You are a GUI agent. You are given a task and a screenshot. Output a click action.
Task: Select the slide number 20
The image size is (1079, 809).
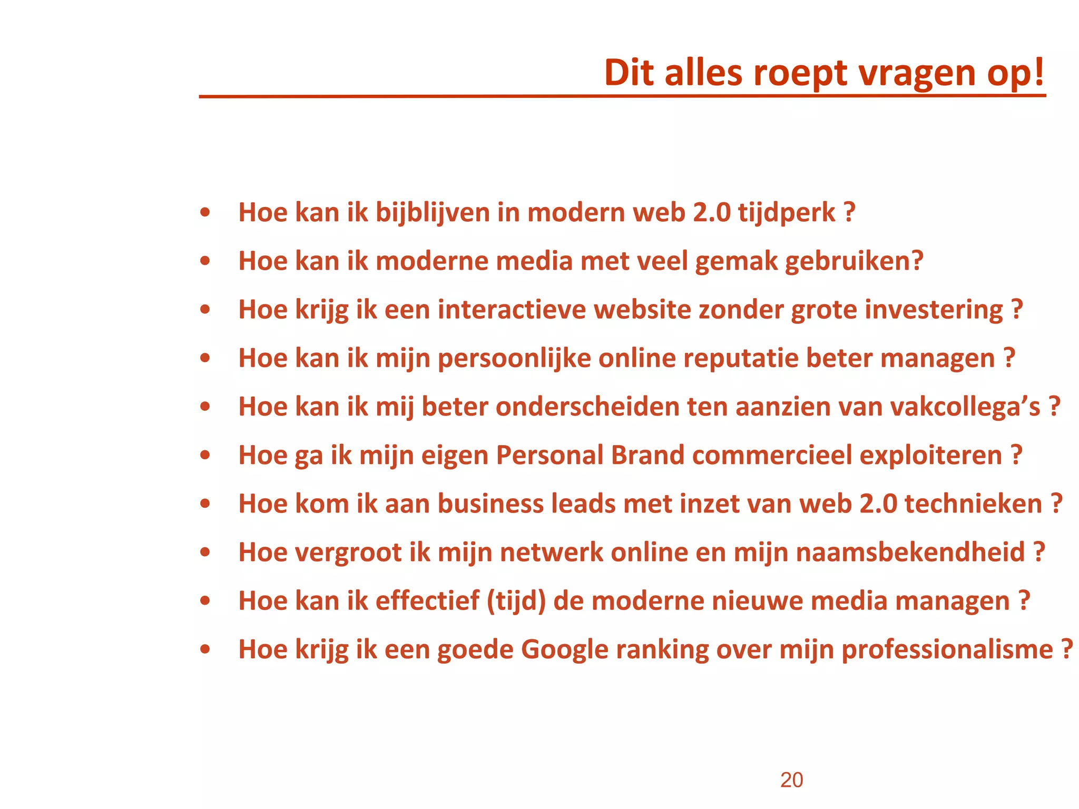[x=791, y=780]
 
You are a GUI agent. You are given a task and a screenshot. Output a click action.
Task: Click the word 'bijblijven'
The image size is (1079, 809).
[x=433, y=213]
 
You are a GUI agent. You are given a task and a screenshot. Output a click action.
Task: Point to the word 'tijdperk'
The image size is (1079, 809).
[x=786, y=213]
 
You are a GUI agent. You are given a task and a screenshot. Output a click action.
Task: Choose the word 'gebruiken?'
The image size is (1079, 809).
[x=854, y=261]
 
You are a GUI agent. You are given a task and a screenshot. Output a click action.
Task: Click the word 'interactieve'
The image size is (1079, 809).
[x=512, y=310]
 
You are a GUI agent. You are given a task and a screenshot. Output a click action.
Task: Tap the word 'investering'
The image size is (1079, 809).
[x=934, y=310]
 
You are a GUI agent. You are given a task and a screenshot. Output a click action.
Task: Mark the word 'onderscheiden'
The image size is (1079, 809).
[x=587, y=407]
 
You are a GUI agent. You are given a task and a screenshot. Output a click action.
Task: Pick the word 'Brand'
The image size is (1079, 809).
[x=648, y=455]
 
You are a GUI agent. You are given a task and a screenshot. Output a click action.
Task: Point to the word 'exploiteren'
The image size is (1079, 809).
[x=930, y=455]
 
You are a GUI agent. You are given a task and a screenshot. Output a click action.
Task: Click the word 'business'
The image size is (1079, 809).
[x=491, y=504]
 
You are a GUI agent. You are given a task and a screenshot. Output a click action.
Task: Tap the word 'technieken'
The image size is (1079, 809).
[x=973, y=504]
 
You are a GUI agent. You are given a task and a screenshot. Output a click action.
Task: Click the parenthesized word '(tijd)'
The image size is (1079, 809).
[x=516, y=601]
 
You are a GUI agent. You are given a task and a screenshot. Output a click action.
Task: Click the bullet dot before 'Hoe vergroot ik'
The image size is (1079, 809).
[x=205, y=553]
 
